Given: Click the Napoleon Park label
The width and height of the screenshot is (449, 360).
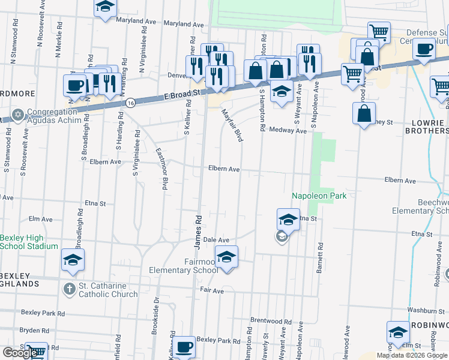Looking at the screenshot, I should pos(319,196).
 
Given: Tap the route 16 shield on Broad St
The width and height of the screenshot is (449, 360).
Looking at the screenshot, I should pos(130,103).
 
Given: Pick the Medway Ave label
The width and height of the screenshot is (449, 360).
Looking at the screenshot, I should pos(288,130).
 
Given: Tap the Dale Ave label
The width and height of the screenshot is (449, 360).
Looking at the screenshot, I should pos(217,239).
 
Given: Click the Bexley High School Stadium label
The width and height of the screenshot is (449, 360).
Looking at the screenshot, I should pos(29,242).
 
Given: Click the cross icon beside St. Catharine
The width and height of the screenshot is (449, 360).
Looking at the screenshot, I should pos(69,289).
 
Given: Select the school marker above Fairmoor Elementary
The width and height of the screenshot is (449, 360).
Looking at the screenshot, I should pos(226,257).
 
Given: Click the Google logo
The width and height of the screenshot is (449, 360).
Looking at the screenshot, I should pos(20,353).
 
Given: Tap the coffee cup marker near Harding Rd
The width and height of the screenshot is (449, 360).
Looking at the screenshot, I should pos(74,85).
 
